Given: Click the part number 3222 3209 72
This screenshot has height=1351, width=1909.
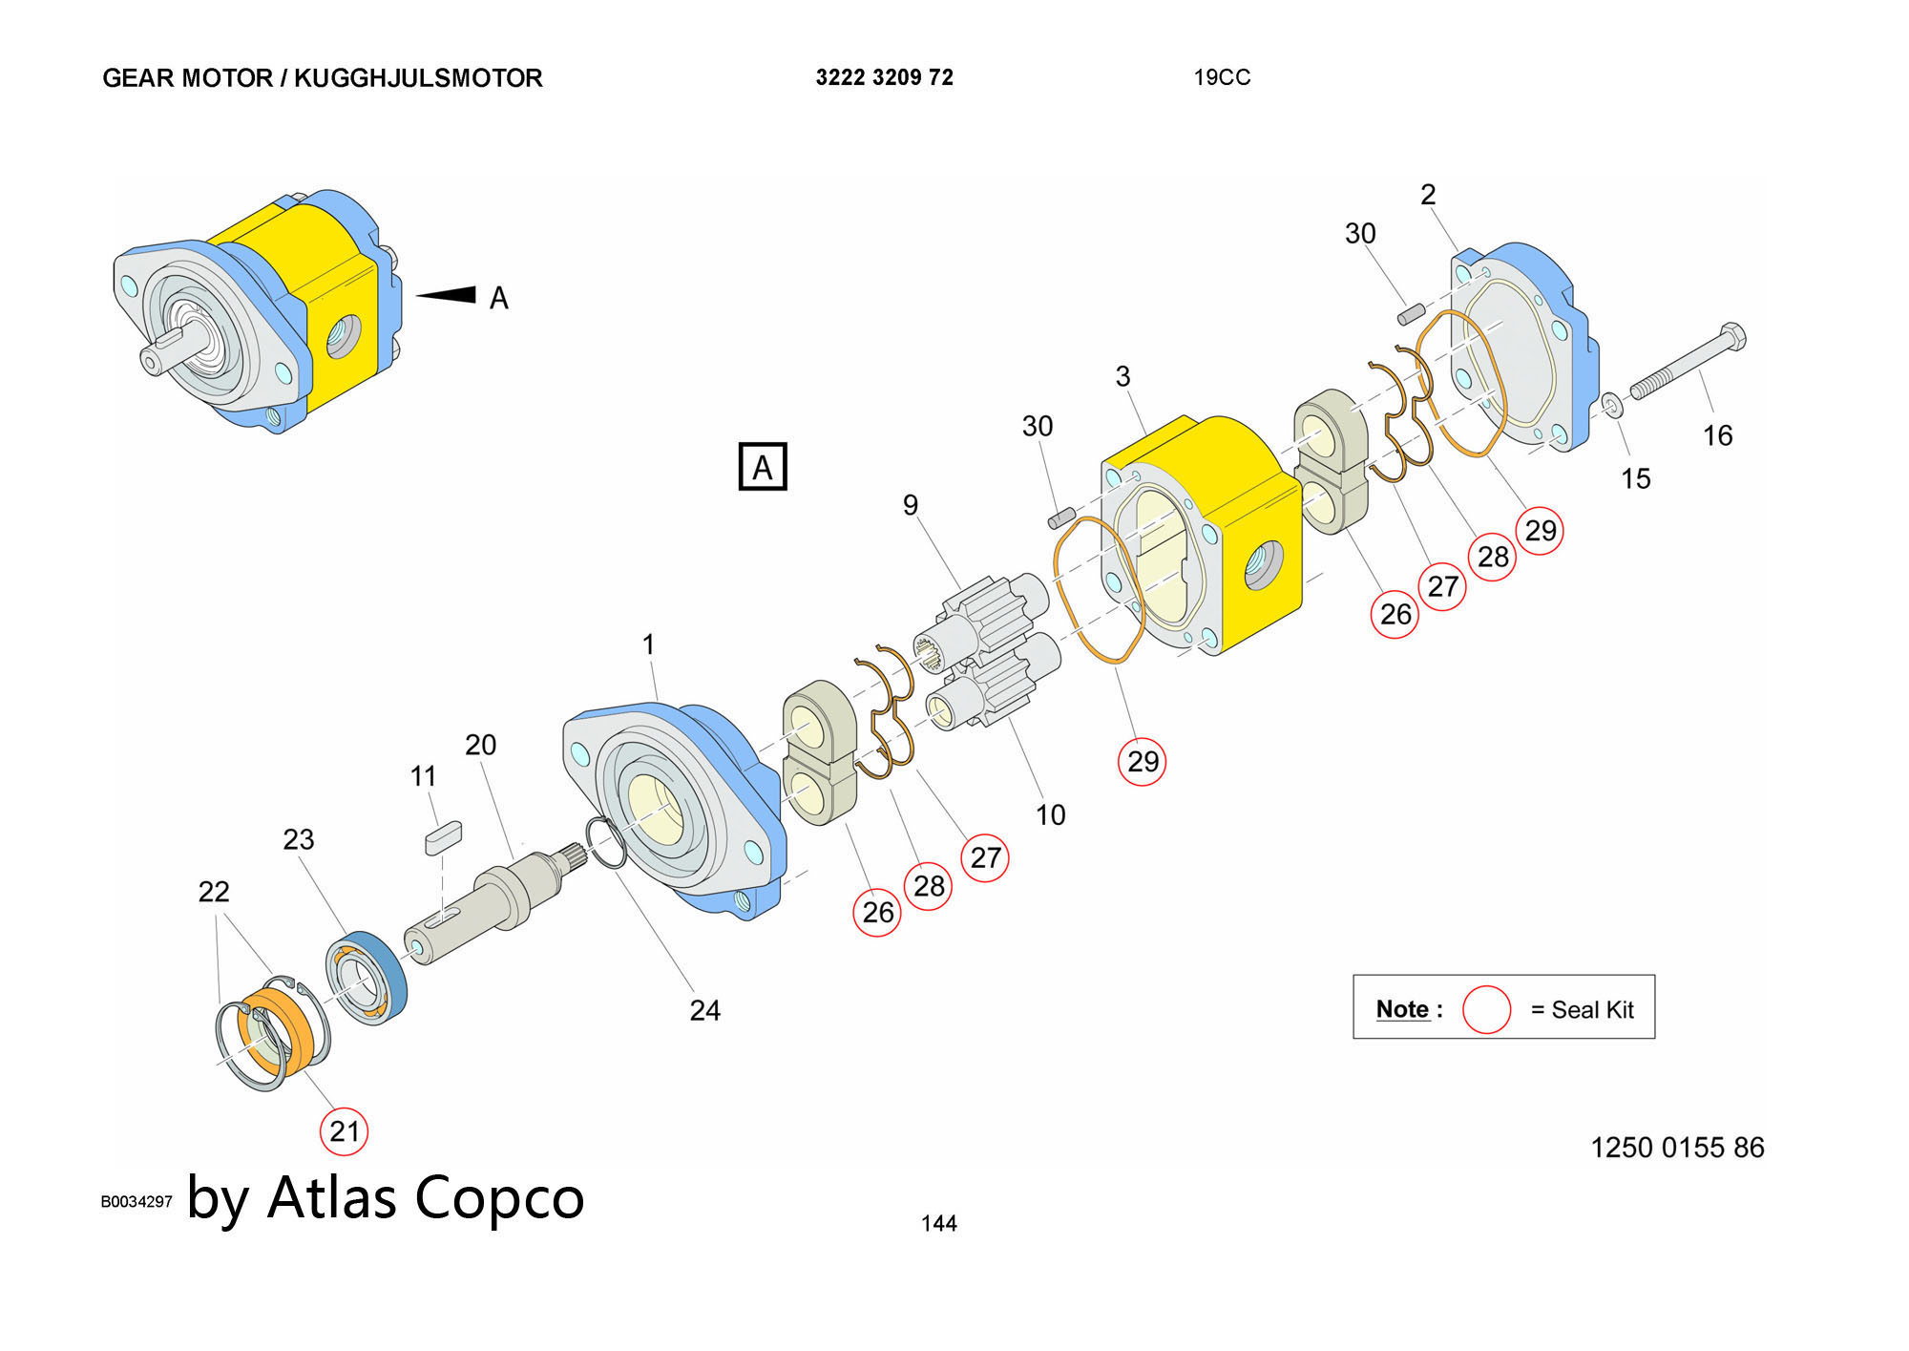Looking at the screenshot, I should (884, 77).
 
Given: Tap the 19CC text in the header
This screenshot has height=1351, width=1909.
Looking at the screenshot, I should (1221, 77).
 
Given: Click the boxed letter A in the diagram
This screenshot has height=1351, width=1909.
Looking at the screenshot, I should (763, 467).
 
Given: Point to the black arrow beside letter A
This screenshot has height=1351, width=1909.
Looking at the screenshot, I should (447, 294).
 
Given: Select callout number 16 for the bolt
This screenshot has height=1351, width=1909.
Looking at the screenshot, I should (1717, 435).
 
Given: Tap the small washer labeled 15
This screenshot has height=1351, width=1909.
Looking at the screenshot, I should (1611, 406).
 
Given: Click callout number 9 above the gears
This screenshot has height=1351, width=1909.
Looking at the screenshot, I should (911, 505).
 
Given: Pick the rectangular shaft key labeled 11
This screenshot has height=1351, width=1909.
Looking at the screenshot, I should (443, 837).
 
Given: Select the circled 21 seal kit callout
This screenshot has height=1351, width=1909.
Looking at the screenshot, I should (344, 1131).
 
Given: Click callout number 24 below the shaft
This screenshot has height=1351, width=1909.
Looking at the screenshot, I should (704, 1010).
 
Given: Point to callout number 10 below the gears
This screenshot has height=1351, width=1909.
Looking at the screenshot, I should (1050, 814).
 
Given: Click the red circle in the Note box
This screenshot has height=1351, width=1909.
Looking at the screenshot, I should (1486, 1009).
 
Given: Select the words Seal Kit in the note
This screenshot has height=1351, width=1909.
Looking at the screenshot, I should (1592, 1009).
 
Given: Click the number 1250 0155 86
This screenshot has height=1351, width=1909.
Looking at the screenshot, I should (1677, 1147).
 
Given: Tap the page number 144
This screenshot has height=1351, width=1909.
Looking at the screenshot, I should (938, 1223).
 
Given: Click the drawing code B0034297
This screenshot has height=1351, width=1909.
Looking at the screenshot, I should (136, 1201).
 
